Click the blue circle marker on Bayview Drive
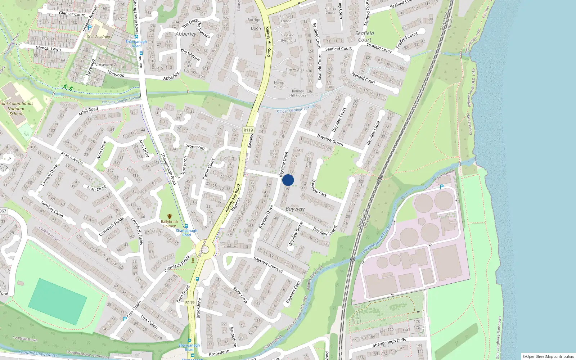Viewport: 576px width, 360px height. click(288, 180)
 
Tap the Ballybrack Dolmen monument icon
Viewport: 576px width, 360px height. click(170, 216)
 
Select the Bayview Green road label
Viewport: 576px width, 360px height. click(330, 140)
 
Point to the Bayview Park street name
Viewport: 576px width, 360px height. click(319, 188)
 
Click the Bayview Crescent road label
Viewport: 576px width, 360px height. click(268, 264)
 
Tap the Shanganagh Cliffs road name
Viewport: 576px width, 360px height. click(389, 342)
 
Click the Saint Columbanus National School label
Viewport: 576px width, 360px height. click(16, 108)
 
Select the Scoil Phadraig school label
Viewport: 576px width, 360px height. click(98, 36)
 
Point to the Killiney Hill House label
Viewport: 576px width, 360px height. click(298, 93)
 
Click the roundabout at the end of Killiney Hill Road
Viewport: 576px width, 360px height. click(204, 250)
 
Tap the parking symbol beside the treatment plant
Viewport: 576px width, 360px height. click(442, 187)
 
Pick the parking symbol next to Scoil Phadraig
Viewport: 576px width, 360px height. click(90, 27)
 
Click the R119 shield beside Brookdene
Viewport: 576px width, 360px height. click(190, 302)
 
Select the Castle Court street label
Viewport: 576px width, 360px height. click(208, 168)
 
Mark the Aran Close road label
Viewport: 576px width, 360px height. click(96, 188)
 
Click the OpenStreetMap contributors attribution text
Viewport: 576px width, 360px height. click(549, 356)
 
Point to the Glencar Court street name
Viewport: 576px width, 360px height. click(72, 14)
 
